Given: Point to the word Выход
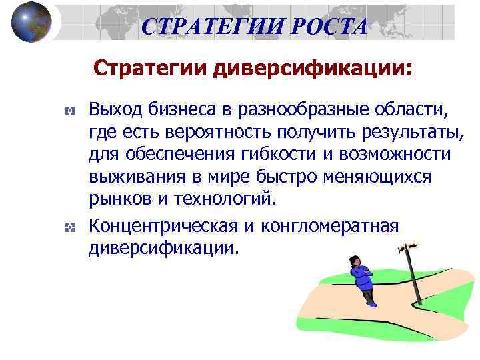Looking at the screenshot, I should [x=113, y=108].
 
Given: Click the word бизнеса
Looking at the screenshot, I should [x=177, y=108].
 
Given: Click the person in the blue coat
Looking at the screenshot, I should [x=363, y=280].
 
